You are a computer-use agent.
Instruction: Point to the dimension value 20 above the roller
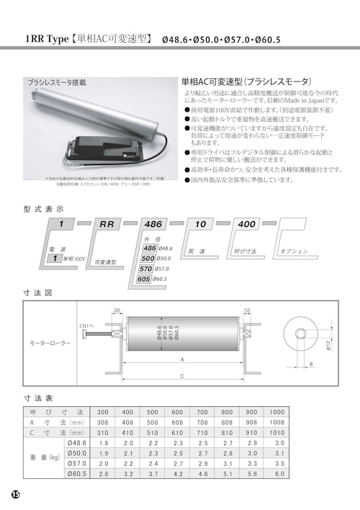[117, 310]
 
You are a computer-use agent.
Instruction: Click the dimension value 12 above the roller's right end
[247, 310]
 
